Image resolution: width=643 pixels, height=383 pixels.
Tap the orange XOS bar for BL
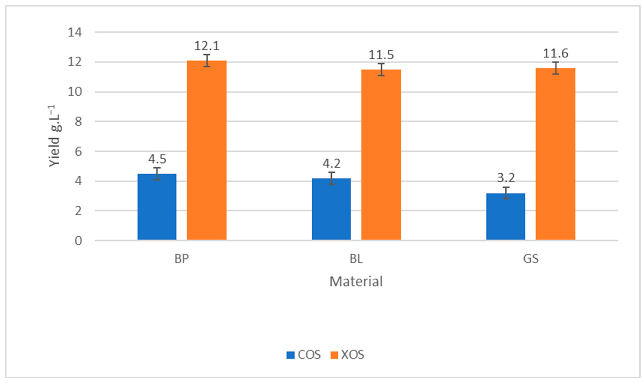381,155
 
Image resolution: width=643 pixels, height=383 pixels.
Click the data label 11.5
381,55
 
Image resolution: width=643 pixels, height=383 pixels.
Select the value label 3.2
506,178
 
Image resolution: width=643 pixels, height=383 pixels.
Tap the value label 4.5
157,159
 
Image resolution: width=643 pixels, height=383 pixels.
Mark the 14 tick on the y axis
75,33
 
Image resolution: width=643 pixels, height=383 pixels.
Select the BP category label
182,259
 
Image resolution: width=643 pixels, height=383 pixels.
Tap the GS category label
531,259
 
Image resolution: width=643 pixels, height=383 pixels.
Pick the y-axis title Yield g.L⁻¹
55,136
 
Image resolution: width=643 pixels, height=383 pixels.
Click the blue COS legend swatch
290,355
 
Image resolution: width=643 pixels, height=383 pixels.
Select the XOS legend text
352,355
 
